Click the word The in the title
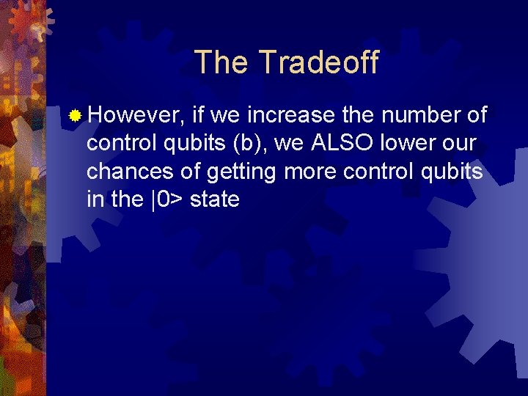click(x=221, y=62)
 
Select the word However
click(x=136, y=115)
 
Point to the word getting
click(x=242, y=172)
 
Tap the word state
click(x=214, y=199)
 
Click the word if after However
click(x=199, y=115)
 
